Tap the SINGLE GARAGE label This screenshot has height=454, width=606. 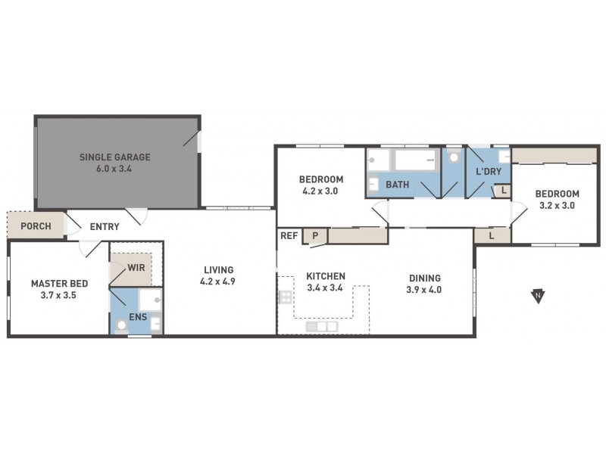tap(115, 157)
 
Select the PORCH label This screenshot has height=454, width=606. tap(36, 226)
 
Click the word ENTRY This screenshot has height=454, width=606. tap(104, 226)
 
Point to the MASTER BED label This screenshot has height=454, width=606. tap(59, 284)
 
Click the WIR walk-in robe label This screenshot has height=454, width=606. tap(137, 267)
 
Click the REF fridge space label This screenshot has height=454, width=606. tap(289, 236)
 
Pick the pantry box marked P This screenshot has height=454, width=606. tap(314, 236)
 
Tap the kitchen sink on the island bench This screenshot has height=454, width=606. tap(322, 326)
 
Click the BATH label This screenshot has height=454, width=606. tap(398, 185)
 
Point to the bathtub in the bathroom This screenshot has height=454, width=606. tap(415, 160)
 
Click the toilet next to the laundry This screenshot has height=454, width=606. tap(453, 157)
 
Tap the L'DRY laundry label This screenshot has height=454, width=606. tap(489, 172)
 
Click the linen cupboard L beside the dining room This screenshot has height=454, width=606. tap(492, 236)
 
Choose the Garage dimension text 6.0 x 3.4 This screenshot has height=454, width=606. tap(115, 169)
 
